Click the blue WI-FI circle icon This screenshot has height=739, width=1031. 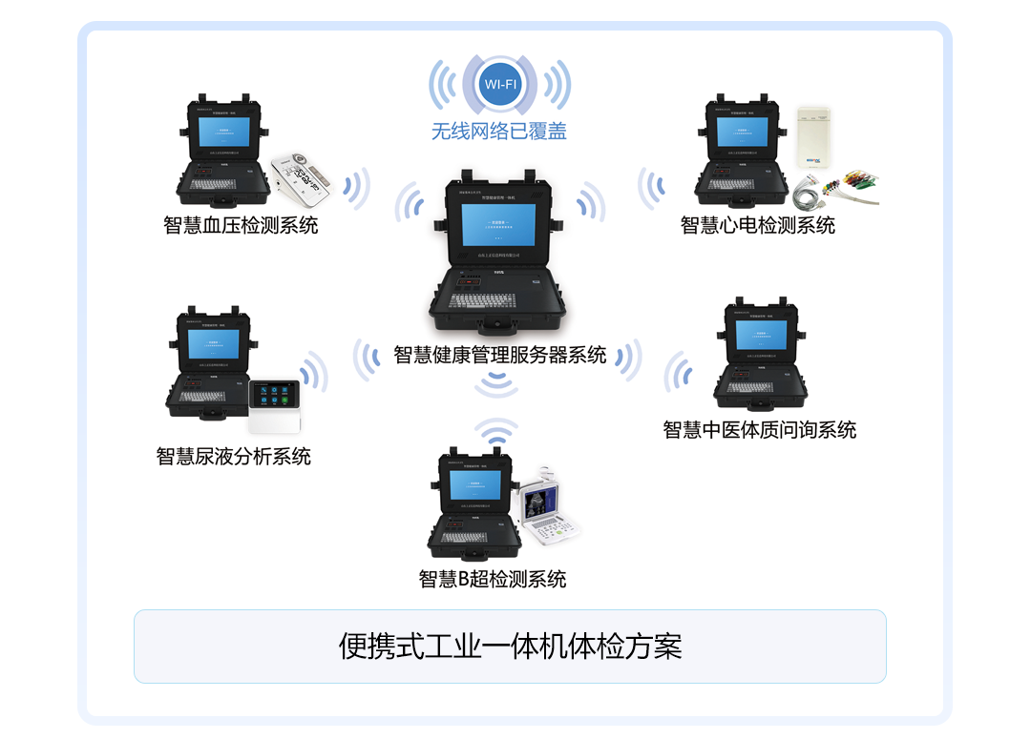pyautogui.click(x=500, y=85)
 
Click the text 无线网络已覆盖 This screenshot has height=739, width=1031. pyautogui.click(x=499, y=132)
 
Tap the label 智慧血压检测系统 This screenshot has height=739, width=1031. pyautogui.click(x=241, y=225)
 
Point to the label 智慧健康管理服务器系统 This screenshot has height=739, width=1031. pyautogui.click(x=500, y=355)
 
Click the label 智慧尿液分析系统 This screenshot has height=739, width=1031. pyautogui.click(x=234, y=456)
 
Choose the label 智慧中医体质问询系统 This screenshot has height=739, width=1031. pyautogui.click(x=760, y=429)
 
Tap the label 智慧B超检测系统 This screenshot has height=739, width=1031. pyautogui.click(x=493, y=578)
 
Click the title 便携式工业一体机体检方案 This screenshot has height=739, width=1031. pyautogui.click(x=510, y=647)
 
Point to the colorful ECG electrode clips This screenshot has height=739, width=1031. pyautogui.click(x=840, y=187)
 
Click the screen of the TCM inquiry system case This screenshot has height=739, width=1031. pyautogui.click(x=761, y=335)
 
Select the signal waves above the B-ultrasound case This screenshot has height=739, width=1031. pyautogui.click(x=495, y=434)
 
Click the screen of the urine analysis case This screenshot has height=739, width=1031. pyautogui.click(x=213, y=344)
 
